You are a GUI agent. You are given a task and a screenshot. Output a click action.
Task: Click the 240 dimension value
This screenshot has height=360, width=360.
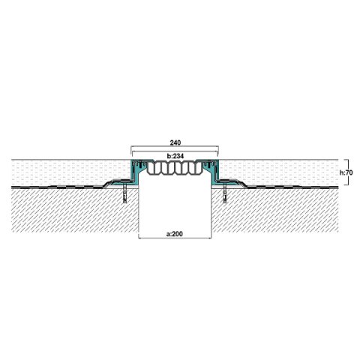(174, 141)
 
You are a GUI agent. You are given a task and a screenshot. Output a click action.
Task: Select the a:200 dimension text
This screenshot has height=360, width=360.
(174, 235)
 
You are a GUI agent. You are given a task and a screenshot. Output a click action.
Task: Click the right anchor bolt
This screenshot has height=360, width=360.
(223, 195)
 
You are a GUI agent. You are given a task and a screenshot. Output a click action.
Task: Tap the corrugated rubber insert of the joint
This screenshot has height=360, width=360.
(174, 170)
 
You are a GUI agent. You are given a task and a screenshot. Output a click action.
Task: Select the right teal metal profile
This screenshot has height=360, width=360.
(213, 171)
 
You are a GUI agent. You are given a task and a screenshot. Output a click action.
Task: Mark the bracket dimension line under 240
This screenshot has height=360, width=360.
(174, 148)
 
